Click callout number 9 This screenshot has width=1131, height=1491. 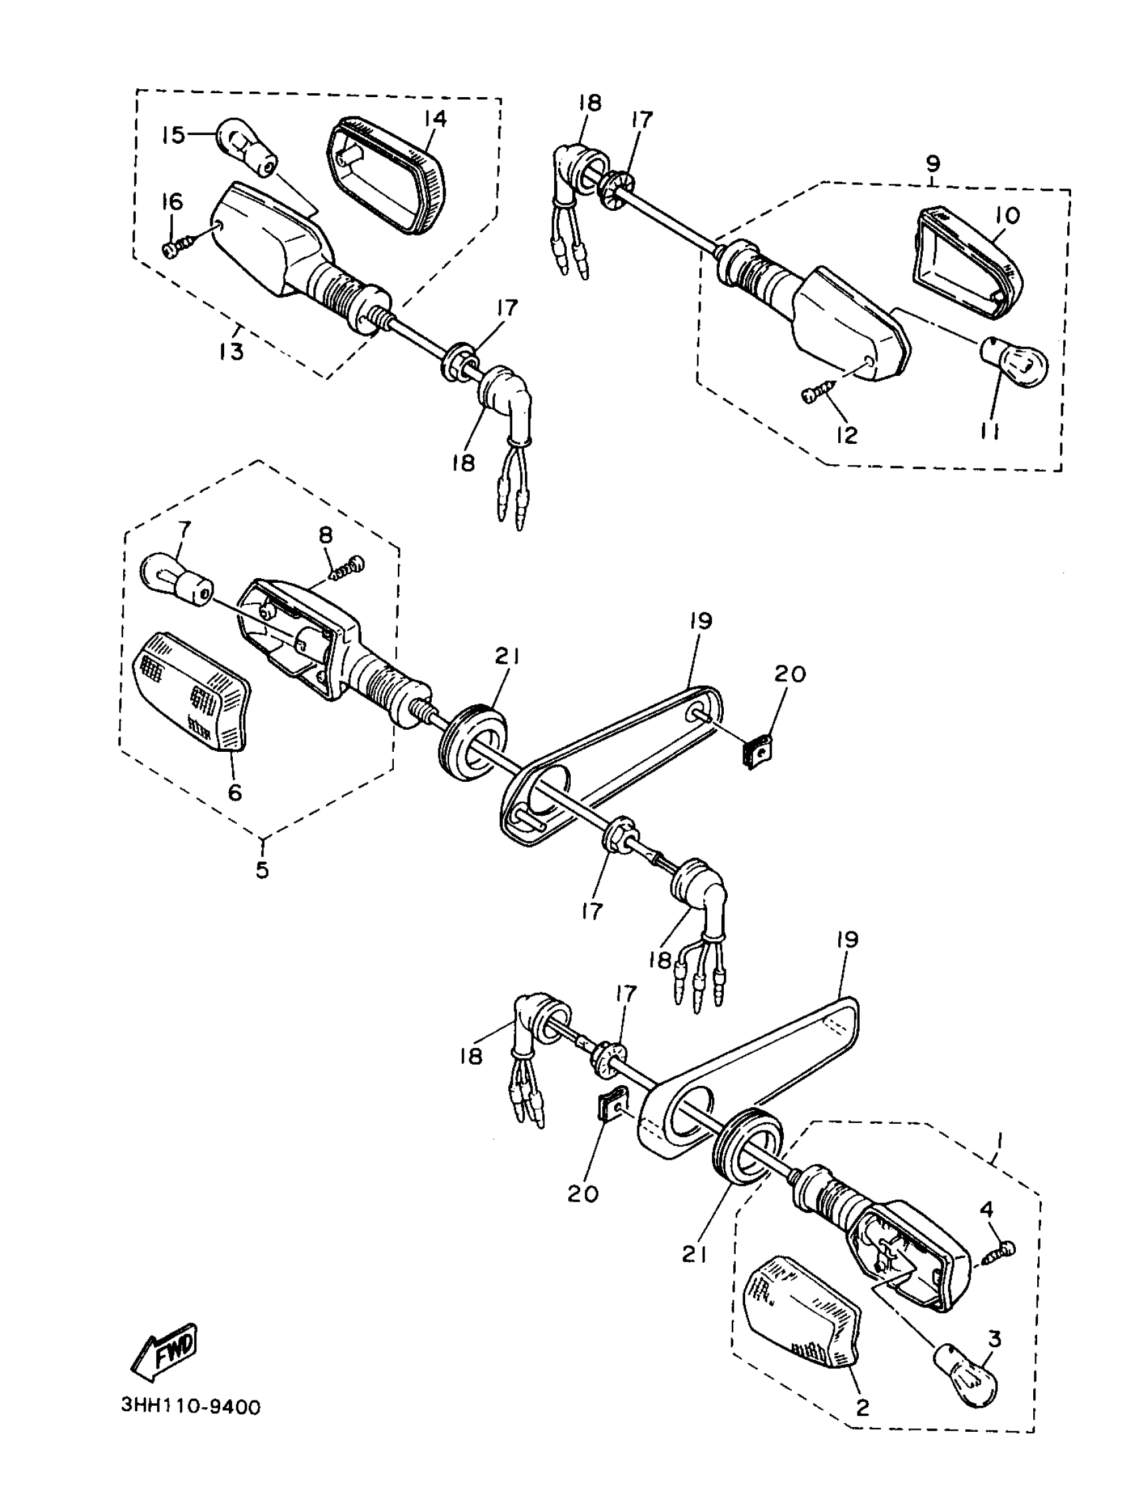coord(933,164)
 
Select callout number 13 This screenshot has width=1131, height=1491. coord(231,351)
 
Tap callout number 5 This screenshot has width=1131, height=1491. coord(262,870)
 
